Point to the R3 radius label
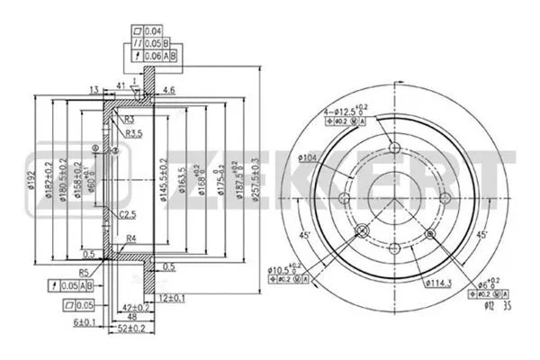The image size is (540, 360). (x=130, y=119)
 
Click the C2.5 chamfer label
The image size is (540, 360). (x=128, y=213)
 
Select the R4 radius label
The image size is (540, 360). (x=131, y=238)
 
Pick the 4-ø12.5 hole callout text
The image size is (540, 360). (x=346, y=112)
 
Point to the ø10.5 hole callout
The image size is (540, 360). (x=284, y=268)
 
